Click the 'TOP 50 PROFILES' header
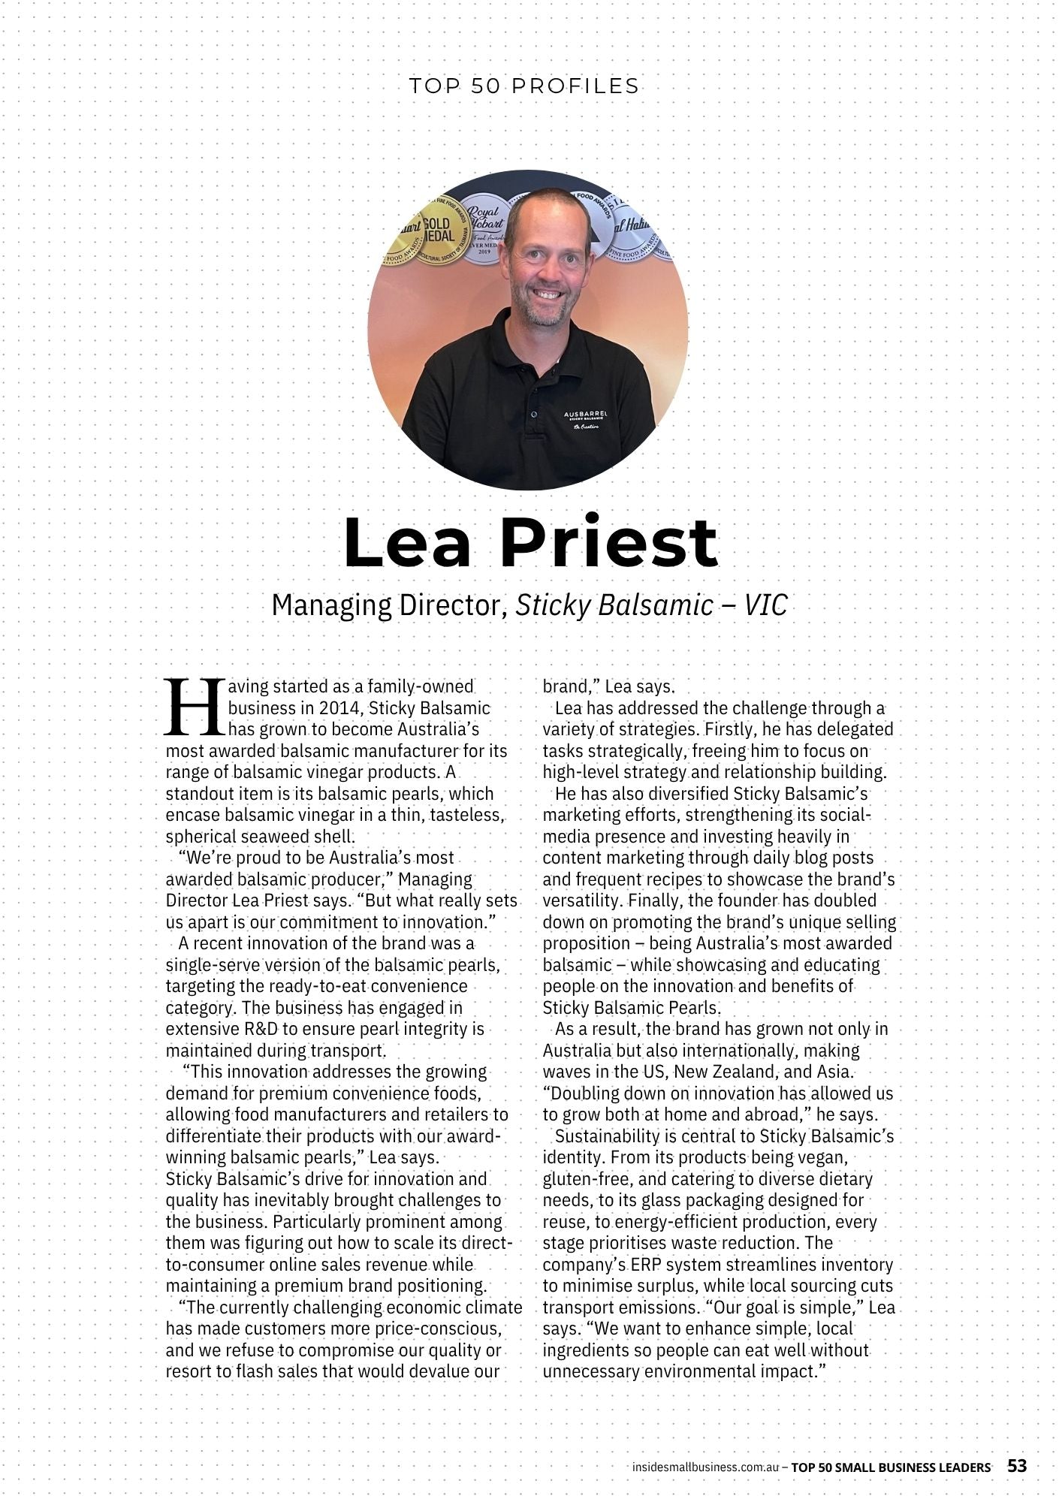[x=524, y=86]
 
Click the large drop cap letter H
[x=194, y=707]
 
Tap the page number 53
[x=1017, y=1466]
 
